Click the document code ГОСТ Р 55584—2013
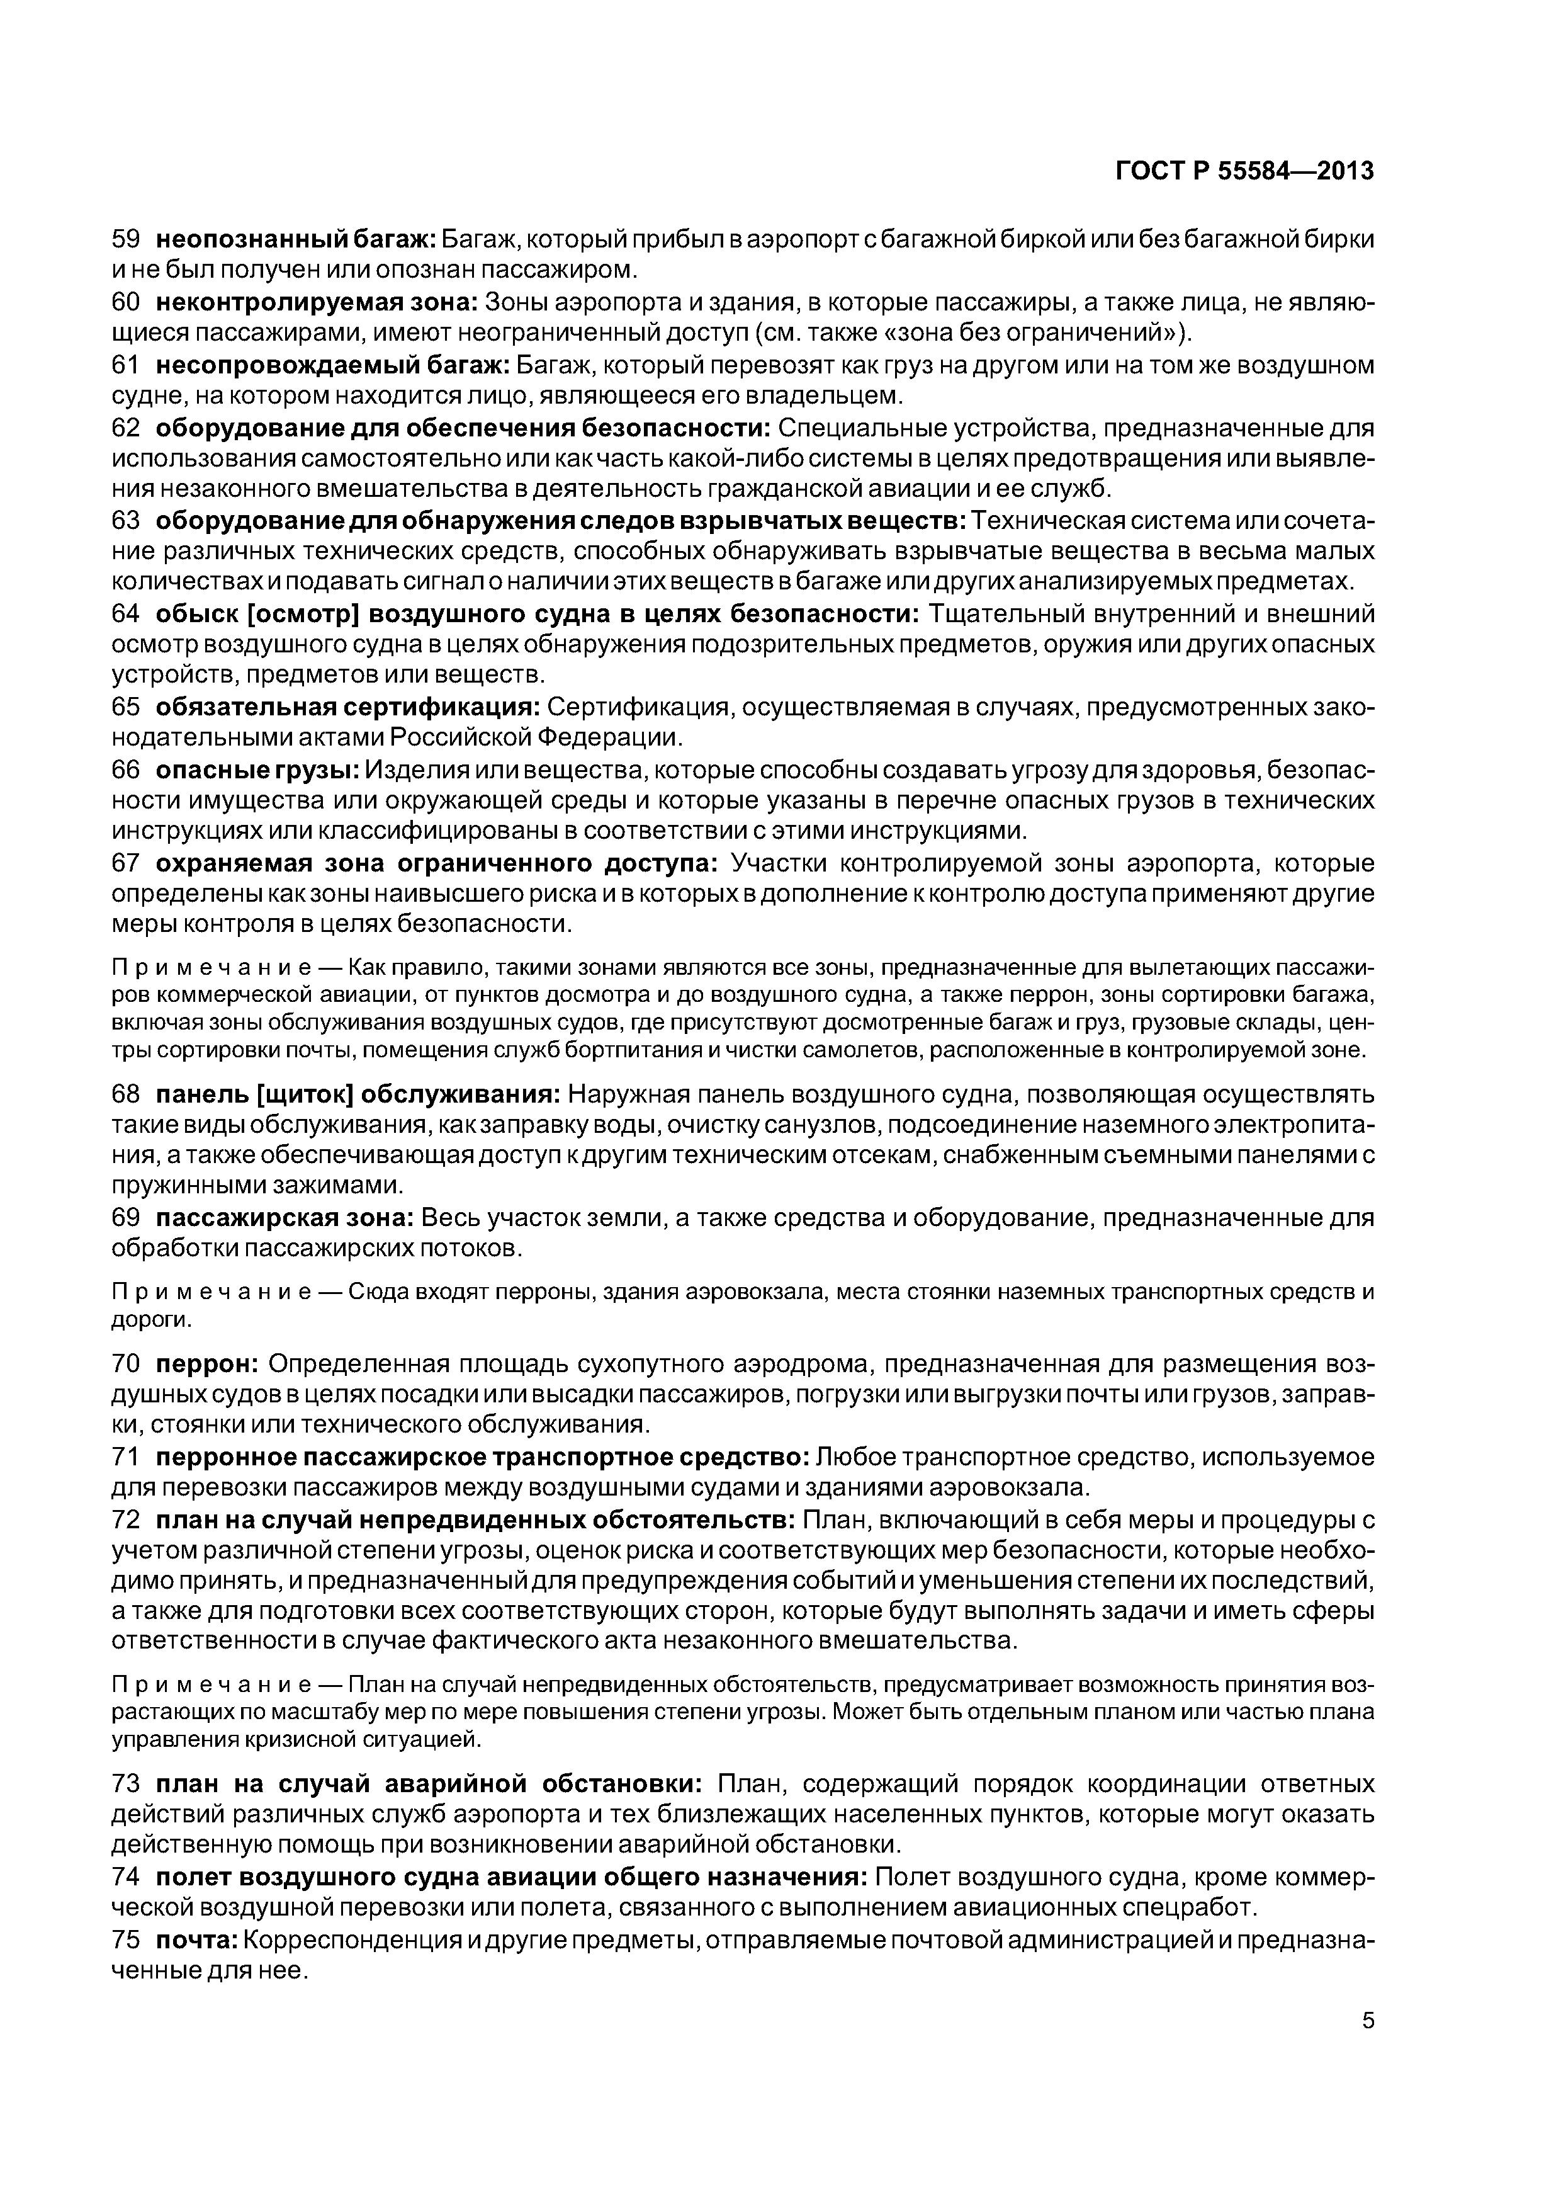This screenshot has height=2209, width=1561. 1244,171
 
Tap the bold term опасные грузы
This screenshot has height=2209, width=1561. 258,771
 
